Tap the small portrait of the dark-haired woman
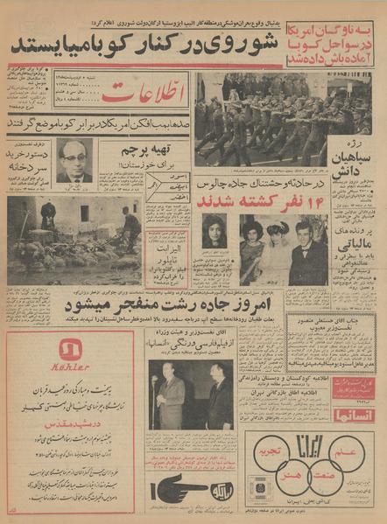215,232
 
